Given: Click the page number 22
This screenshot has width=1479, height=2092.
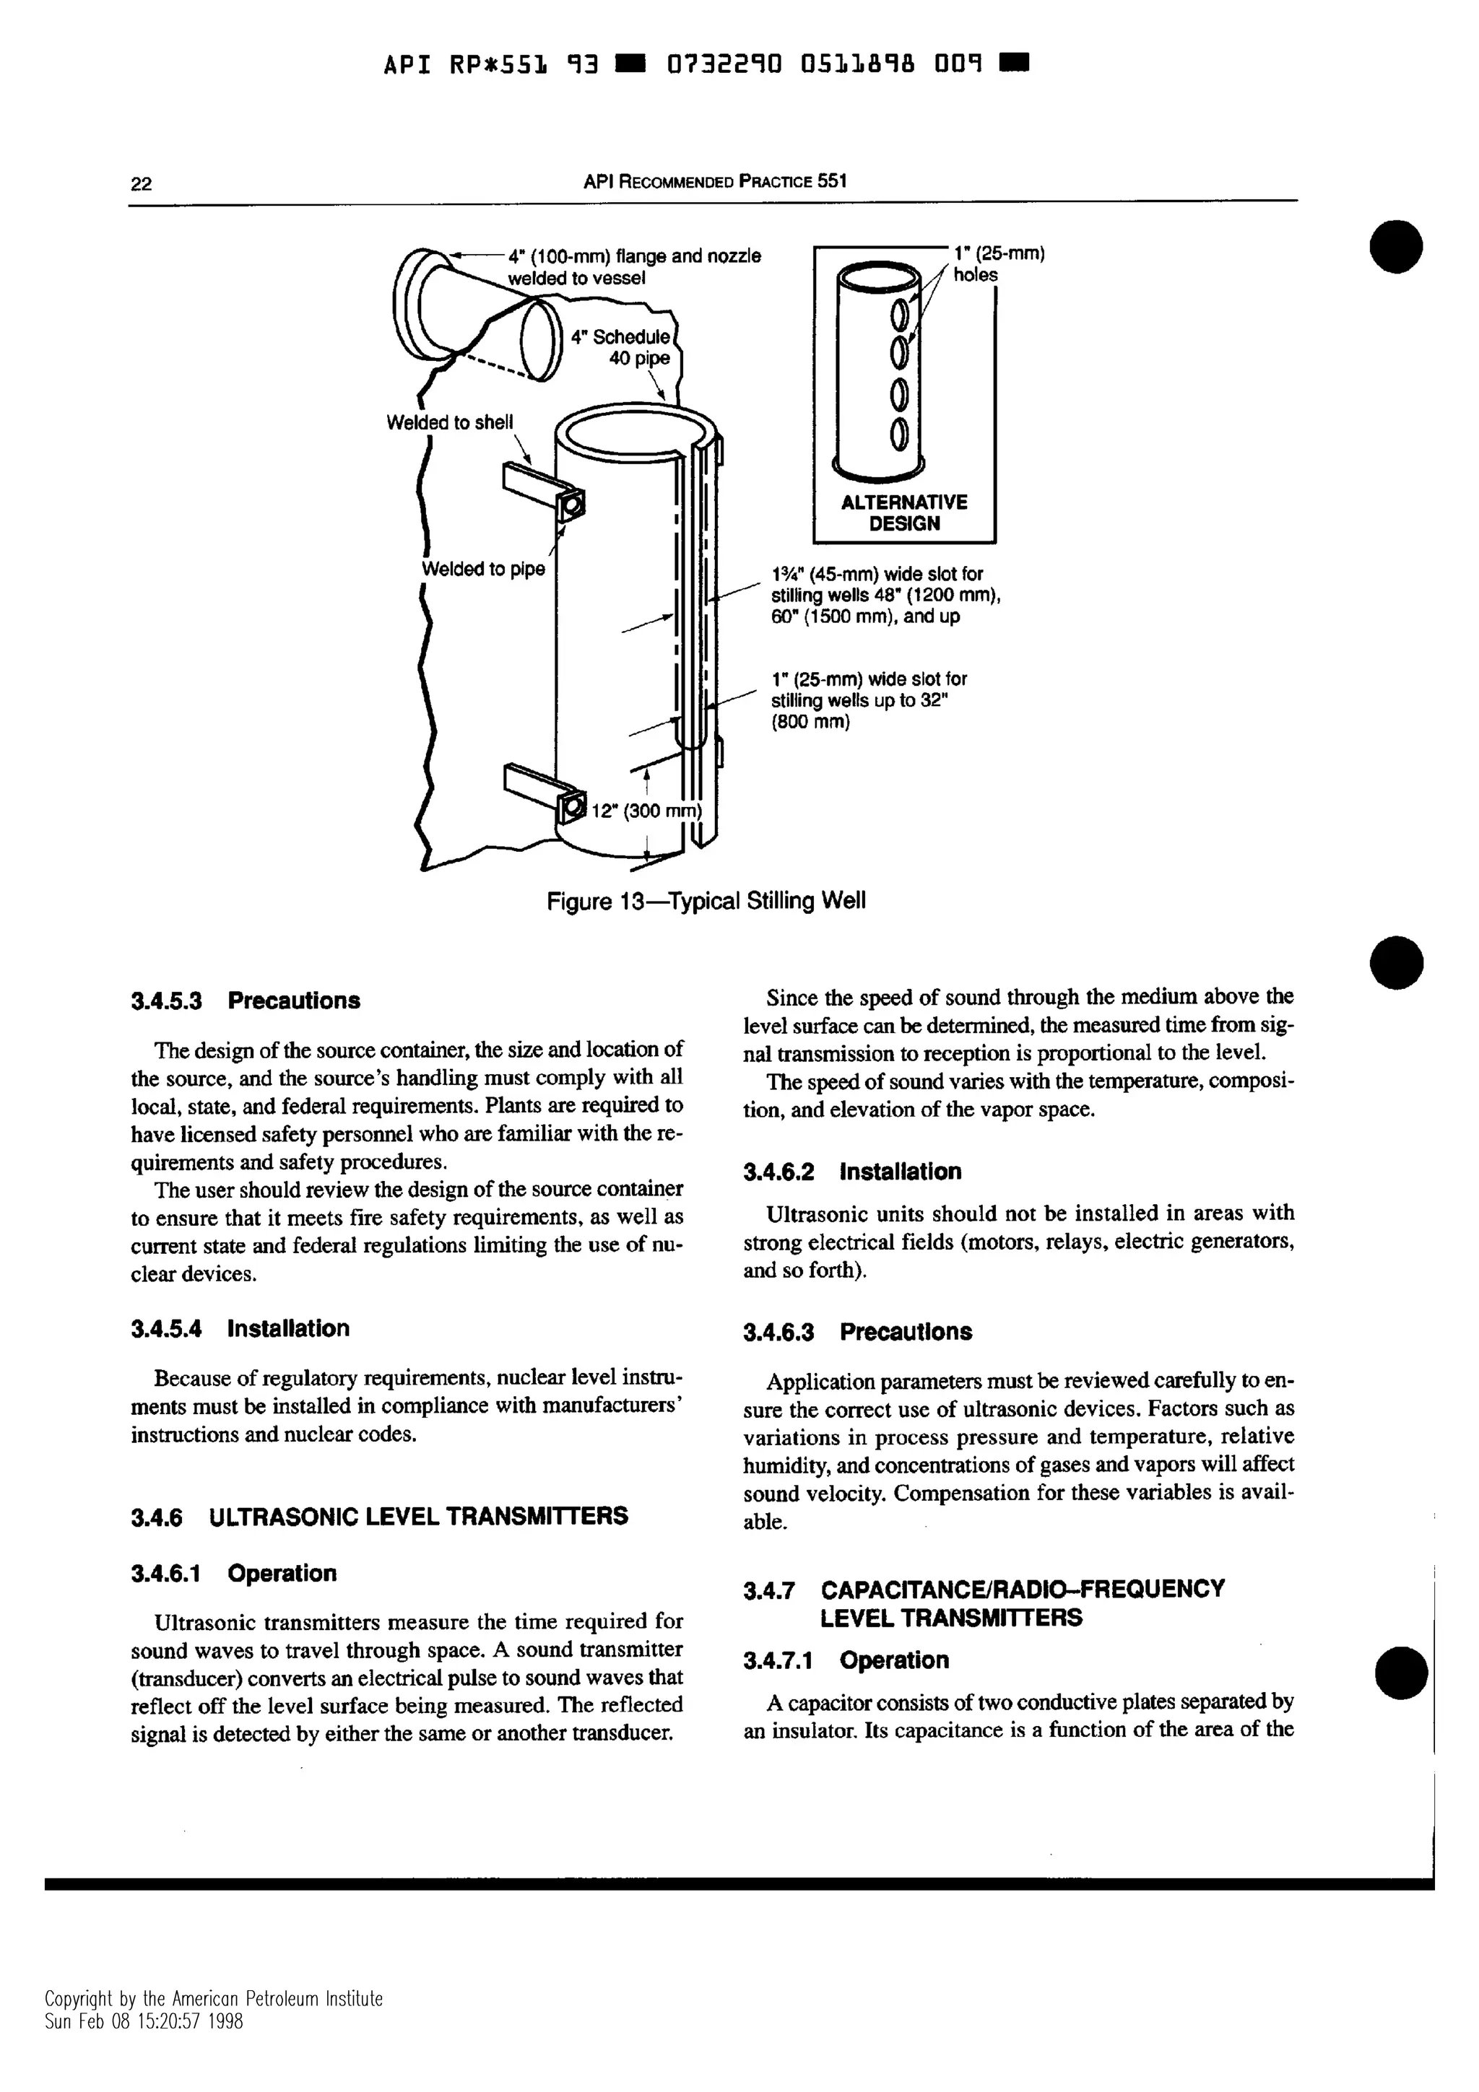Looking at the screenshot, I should [142, 184].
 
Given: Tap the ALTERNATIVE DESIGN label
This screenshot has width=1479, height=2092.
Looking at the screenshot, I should [903, 513].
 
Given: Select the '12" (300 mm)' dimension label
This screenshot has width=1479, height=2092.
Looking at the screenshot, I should [648, 811].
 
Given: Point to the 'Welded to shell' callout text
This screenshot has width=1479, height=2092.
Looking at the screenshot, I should [449, 423].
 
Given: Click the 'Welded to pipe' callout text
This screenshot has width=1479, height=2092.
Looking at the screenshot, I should [483, 570].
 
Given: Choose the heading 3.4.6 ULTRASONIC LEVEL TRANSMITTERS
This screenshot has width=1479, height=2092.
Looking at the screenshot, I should [379, 1516].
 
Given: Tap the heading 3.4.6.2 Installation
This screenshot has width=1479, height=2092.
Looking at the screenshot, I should [852, 1172].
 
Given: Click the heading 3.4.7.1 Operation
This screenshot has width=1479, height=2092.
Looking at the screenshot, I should [846, 1660].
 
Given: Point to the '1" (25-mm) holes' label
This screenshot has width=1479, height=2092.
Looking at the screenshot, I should [998, 263].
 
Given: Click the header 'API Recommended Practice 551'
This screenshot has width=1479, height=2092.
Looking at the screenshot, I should [714, 181].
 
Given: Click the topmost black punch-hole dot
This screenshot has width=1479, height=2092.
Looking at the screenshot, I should [1396, 246].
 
